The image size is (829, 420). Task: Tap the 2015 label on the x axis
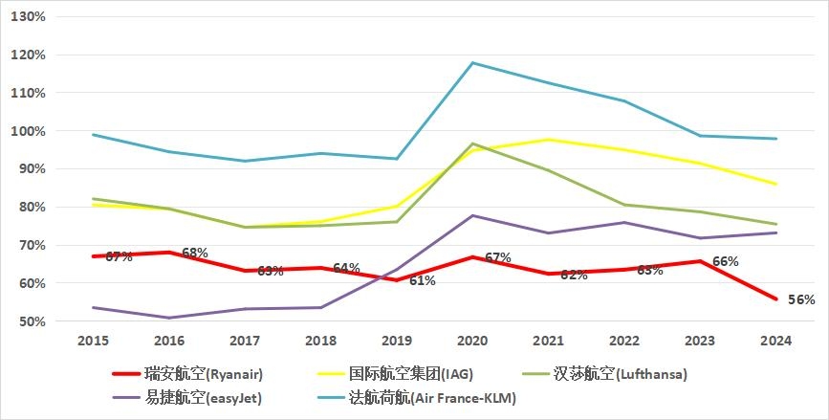[93, 341]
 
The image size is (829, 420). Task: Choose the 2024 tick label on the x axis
[775, 341]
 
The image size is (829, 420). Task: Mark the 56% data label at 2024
[801, 299]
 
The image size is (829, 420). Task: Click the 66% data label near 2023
[726, 261]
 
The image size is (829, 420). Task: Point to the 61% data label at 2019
[423, 280]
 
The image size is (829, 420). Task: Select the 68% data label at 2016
[195, 253]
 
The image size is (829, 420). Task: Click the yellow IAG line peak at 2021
[548, 140]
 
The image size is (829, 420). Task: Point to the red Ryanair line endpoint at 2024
[775, 298]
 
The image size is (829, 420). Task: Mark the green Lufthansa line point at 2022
[623, 205]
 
